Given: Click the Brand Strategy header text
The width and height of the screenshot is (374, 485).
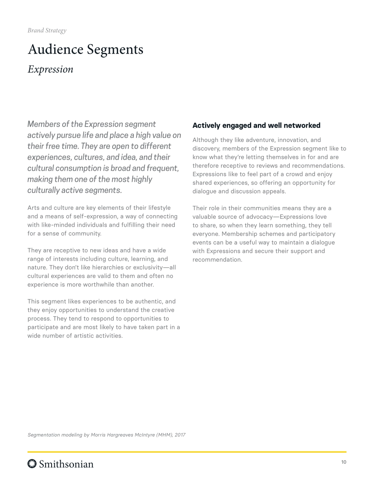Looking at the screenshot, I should coord(47,30).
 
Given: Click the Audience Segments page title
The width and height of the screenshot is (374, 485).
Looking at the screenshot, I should coord(85,50).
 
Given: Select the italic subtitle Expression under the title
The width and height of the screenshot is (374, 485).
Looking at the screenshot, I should coord(50,69).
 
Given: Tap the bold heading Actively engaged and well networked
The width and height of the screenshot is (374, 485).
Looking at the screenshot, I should coord(256,125).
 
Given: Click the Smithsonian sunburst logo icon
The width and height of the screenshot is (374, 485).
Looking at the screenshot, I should coord(32,464).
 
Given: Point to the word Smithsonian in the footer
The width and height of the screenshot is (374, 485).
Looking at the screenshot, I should coord(66,464).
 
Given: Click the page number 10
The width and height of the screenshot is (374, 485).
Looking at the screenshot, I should coord(344,462).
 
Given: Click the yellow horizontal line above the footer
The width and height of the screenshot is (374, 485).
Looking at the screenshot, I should coord(187,452).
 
